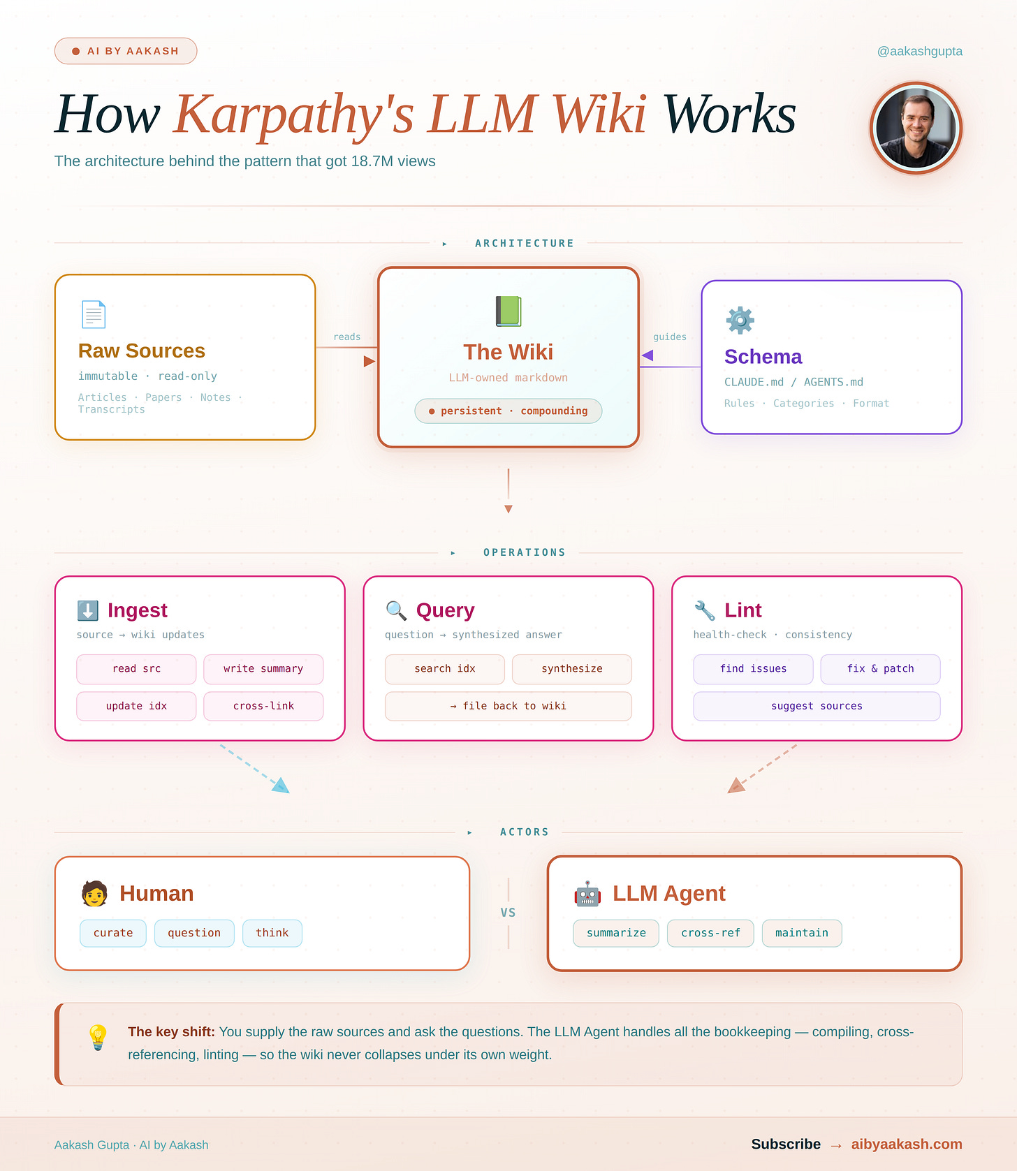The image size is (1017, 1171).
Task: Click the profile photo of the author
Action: pyautogui.click(x=916, y=128)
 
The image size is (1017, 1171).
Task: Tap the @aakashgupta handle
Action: pyautogui.click(x=919, y=51)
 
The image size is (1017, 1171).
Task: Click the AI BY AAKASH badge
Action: pyautogui.click(x=126, y=51)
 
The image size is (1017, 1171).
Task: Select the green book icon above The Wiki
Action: pyautogui.click(x=508, y=311)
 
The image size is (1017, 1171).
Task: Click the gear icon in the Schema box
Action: pyautogui.click(x=740, y=320)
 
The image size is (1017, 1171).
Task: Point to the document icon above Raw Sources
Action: pyautogui.click(x=94, y=314)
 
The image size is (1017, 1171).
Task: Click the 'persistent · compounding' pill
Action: pyautogui.click(x=508, y=411)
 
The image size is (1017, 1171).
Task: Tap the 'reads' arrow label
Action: pyautogui.click(x=346, y=337)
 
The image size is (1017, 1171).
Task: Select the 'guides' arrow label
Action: pyautogui.click(x=669, y=337)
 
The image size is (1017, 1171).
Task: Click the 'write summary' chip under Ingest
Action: pyautogui.click(x=263, y=669)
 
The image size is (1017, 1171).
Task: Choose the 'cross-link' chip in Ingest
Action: pyautogui.click(x=263, y=706)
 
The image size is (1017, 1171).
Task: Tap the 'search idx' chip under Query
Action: pyautogui.click(x=444, y=669)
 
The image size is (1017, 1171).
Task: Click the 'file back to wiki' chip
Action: pyautogui.click(x=508, y=706)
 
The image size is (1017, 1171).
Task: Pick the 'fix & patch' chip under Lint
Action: pyautogui.click(x=880, y=669)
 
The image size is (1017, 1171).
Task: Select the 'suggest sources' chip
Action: pyautogui.click(x=817, y=706)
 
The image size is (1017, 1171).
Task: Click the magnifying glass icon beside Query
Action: pyautogui.click(x=396, y=610)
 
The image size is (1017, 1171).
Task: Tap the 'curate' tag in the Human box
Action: pyautogui.click(x=113, y=933)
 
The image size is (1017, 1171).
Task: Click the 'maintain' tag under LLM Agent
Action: pyautogui.click(x=801, y=933)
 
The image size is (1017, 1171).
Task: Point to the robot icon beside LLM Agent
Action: pyautogui.click(x=587, y=894)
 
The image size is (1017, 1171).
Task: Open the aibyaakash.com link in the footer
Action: pyautogui.click(x=906, y=1144)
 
